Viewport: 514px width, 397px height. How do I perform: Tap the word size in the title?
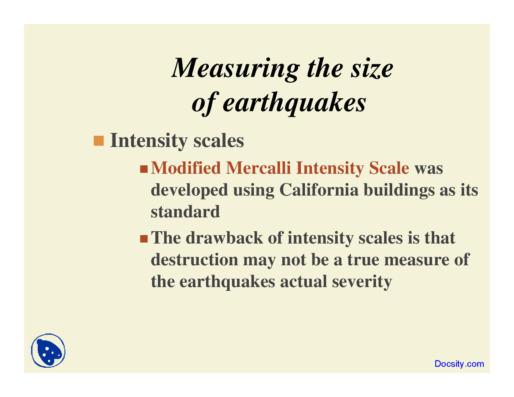[x=371, y=68]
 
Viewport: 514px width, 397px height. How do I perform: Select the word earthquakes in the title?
[x=294, y=102]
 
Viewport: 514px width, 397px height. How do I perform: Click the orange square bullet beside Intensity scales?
[x=98, y=141]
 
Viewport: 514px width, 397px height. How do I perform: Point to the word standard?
[x=185, y=212]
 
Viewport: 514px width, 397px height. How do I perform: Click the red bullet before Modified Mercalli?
[x=144, y=169]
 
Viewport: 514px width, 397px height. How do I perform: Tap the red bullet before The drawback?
[x=144, y=239]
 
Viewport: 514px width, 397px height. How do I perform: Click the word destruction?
[x=194, y=260]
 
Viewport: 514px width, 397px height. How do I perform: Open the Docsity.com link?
[x=459, y=364]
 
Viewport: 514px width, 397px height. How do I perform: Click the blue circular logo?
[x=48, y=351]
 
